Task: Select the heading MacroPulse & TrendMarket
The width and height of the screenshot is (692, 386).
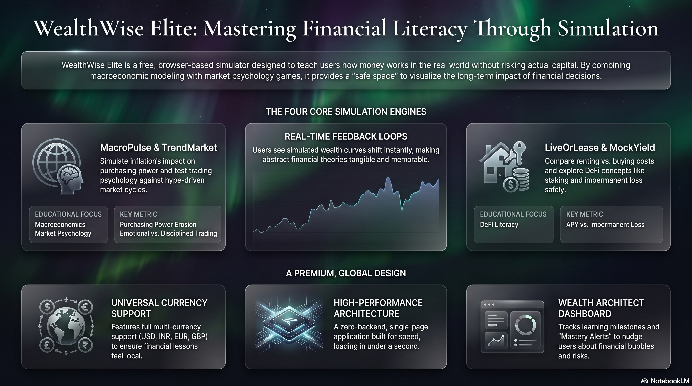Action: [x=158, y=147]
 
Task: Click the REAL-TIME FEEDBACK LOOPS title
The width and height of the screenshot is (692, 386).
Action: [x=346, y=137]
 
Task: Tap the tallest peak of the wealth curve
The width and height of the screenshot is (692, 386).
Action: [x=388, y=177]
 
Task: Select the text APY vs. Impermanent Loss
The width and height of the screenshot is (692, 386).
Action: [x=605, y=225]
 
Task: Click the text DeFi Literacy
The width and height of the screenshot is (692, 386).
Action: [x=499, y=225]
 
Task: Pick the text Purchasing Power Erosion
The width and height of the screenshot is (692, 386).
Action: [x=158, y=225]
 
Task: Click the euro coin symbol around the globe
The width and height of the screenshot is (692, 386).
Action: [x=85, y=307]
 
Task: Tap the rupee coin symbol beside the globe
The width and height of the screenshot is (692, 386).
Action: [x=85, y=345]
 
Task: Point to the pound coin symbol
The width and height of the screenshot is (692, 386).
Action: [x=47, y=345]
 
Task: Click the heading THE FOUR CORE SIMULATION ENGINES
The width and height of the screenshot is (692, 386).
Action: [x=346, y=112]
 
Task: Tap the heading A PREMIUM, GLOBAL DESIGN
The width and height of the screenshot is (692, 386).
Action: [x=346, y=273]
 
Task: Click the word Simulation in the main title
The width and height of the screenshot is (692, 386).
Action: [x=608, y=28]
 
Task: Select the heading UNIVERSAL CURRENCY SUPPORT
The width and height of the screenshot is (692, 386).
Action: [x=159, y=308]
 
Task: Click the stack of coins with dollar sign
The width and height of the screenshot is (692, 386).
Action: [x=516, y=180]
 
